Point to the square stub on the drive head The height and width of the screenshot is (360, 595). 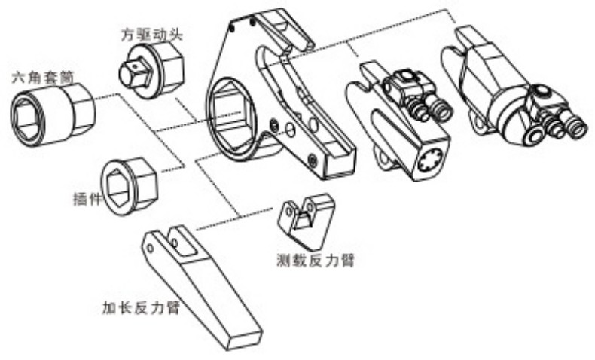[x=133, y=73]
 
